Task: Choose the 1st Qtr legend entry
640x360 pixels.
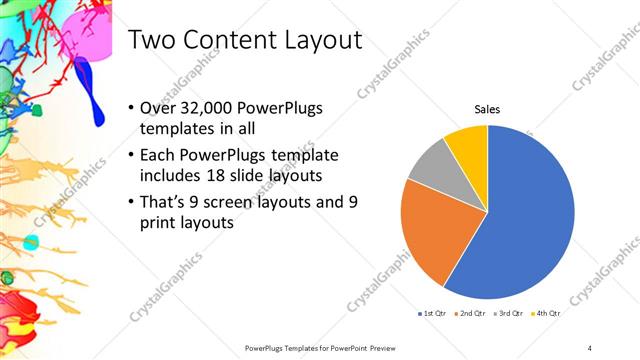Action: click(x=431, y=313)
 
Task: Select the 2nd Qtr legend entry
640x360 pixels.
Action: click(x=471, y=313)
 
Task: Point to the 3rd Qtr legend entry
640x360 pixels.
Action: click(x=510, y=313)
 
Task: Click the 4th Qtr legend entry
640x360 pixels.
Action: click(x=547, y=313)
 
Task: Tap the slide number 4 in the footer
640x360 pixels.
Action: click(x=590, y=347)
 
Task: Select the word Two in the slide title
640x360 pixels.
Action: click(x=152, y=40)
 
